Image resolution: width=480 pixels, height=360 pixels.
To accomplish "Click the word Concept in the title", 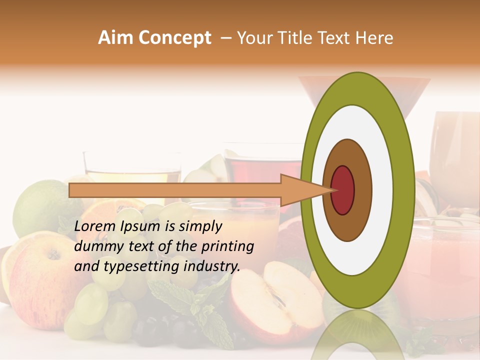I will [173, 38].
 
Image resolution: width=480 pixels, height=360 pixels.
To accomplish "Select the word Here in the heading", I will [374, 38].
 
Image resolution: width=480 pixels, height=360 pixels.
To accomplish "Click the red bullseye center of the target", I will [343, 190].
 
